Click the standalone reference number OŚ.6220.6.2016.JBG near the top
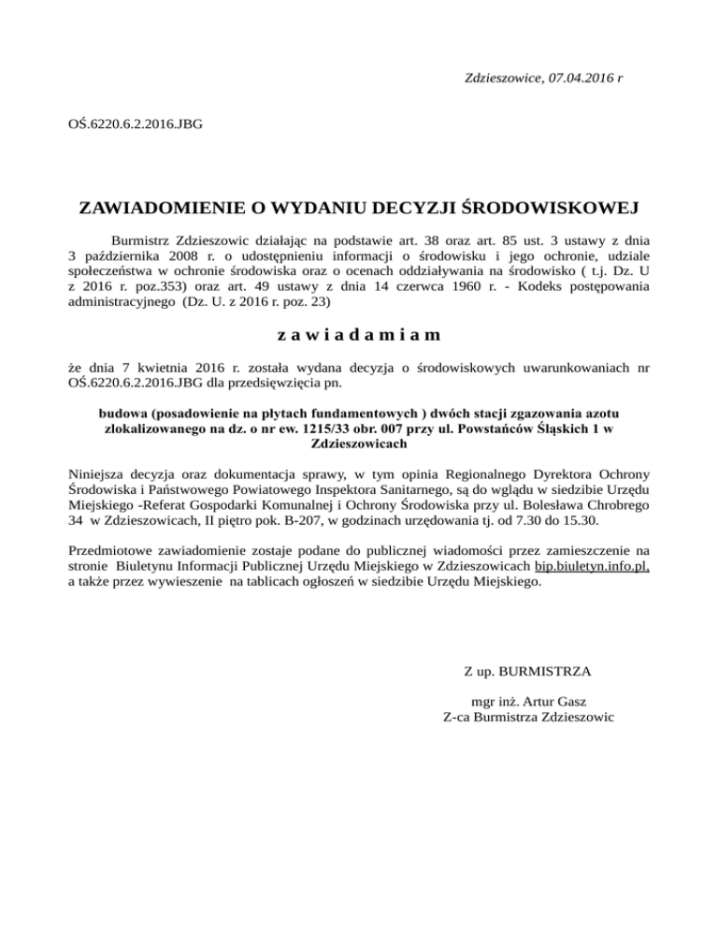[136, 123]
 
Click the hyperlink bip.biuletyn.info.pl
[592, 566]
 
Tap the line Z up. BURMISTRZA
[526, 671]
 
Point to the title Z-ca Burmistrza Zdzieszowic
[528, 718]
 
